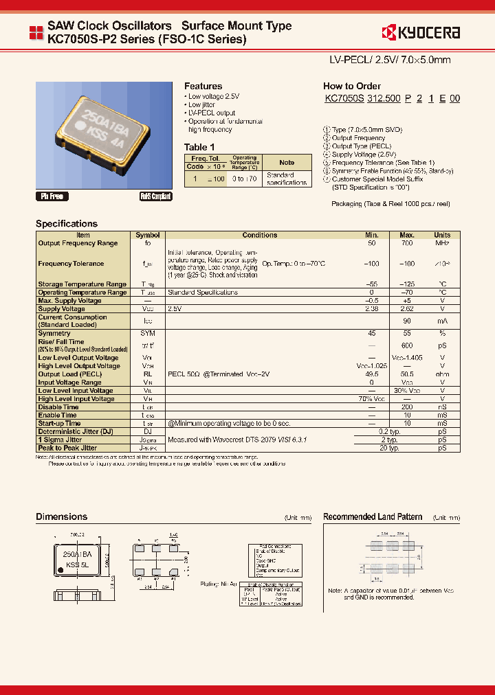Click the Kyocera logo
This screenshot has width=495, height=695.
click(x=420, y=32)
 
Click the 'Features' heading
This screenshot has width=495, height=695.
click(x=203, y=87)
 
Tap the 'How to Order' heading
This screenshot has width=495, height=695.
click(x=351, y=87)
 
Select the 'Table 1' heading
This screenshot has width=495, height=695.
click(x=199, y=147)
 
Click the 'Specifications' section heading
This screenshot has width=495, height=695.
click(x=67, y=224)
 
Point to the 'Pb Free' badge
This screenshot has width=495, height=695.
click(x=52, y=196)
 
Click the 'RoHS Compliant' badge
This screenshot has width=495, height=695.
click(x=155, y=196)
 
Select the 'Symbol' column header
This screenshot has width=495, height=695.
click(x=148, y=235)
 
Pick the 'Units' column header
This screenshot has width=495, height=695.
click(x=442, y=235)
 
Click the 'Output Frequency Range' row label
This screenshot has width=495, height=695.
click(x=78, y=243)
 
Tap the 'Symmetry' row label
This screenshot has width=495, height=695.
click(x=54, y=333)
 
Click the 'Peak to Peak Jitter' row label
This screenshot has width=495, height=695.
click(x=69, y=448)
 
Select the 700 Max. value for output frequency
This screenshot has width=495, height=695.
click(x=406, y=243)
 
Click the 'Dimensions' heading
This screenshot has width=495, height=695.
click(x=61, y=516)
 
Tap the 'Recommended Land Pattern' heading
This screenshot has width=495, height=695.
click(x=373, y=516)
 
